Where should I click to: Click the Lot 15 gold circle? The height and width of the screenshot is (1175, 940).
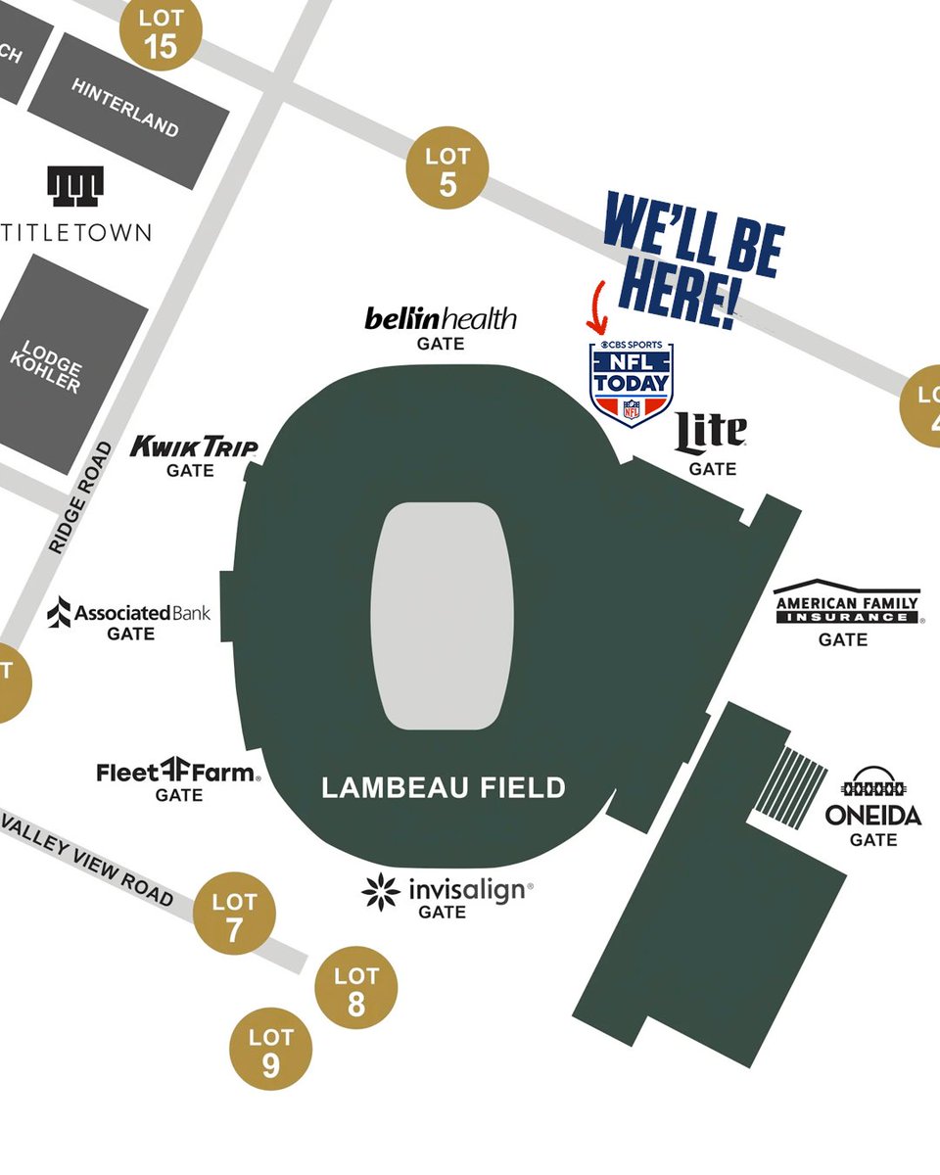(161, 32)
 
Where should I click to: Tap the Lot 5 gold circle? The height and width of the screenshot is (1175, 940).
(447, 169)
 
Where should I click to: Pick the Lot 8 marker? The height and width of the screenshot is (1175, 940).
(355, 990)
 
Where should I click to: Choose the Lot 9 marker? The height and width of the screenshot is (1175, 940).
(271, 1051)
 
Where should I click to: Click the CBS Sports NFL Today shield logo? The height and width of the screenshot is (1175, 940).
(632, 382)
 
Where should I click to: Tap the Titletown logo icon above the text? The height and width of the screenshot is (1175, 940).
(75, 186)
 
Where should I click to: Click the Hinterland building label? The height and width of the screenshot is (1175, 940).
(125, 107)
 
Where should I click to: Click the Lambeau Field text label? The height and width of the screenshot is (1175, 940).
(444, 787)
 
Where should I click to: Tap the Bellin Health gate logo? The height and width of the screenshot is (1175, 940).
(440, 318)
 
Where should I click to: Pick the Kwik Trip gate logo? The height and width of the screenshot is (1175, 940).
(194, 447)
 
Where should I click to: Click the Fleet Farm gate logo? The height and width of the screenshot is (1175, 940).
(178, 773)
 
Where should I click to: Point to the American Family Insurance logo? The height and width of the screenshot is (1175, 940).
(847, 607)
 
